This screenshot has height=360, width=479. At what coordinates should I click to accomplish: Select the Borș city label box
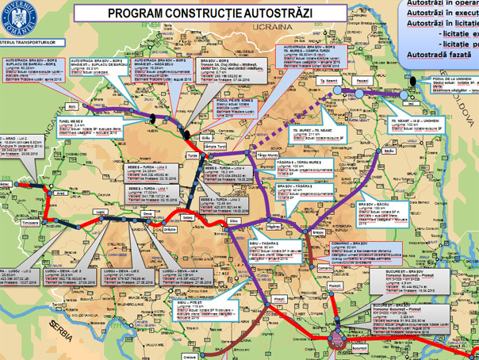point(73,104)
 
